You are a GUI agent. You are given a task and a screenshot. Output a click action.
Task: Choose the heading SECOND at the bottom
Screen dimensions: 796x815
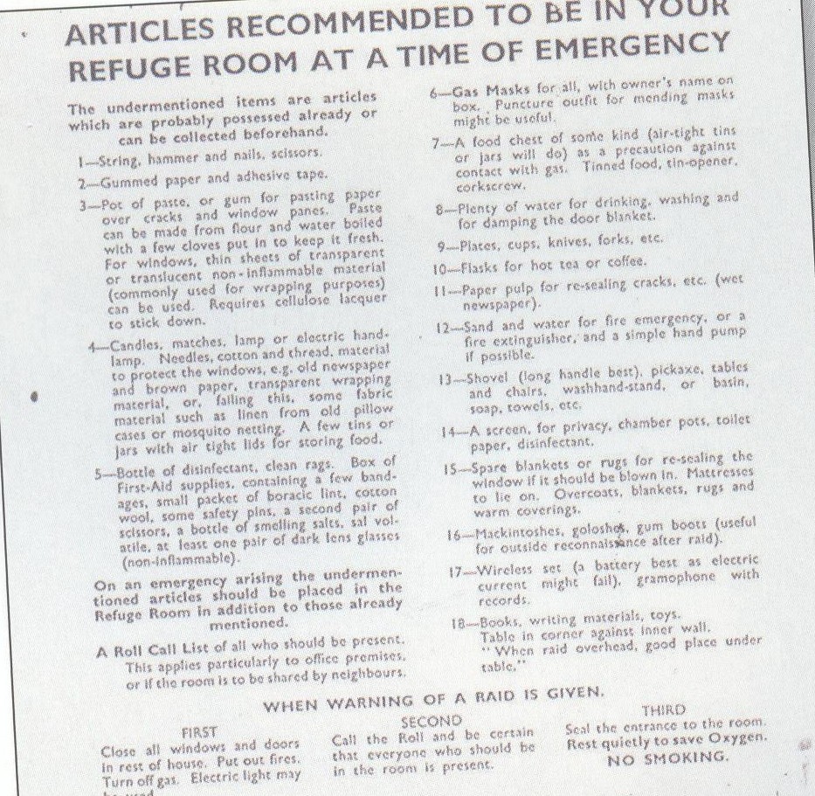pos(431,722)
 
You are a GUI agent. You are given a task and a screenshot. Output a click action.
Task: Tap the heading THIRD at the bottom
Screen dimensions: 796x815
pos(663,710)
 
